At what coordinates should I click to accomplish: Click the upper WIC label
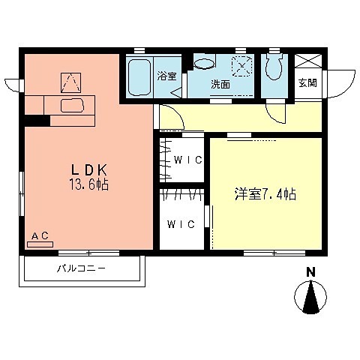[x=184, y=159]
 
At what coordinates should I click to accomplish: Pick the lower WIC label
[x=181, y=223]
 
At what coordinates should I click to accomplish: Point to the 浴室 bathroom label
[x=166, y=76]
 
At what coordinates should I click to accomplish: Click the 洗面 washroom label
[x=220, y=84]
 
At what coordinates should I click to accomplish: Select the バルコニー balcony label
[x=81, y=268]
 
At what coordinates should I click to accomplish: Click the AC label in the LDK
[x=40, y=236]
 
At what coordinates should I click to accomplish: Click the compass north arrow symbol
[x=310, y=298]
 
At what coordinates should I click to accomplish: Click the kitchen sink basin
[x=71, y=106]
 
